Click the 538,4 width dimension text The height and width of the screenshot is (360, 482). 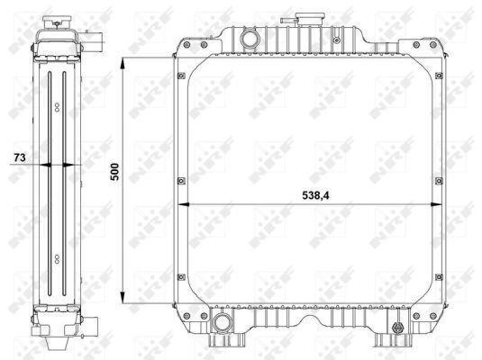pyautogui.click(x=315, y=195)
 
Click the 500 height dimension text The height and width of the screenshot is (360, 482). pyautogui.click(x=114, y=172)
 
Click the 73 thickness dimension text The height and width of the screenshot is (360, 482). pyautogui.click(x=20, y=157)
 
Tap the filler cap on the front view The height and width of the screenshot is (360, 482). pyautogui.click(x=310, y=20)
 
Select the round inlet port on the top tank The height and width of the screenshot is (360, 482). pyautogui.click(x=250, y=40)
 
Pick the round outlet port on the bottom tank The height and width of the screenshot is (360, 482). pyautogui.click(x=222, y=322)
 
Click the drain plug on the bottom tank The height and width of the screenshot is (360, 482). pyautogui.click(x=397, y=328)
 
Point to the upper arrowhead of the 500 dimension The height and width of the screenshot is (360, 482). pyautogui.click(x=123, y=65)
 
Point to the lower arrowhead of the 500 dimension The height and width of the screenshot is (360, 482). pyautogui.click(x=123, y=296)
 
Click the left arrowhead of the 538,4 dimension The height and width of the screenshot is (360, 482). pyautogui.click(x=184, y=204)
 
